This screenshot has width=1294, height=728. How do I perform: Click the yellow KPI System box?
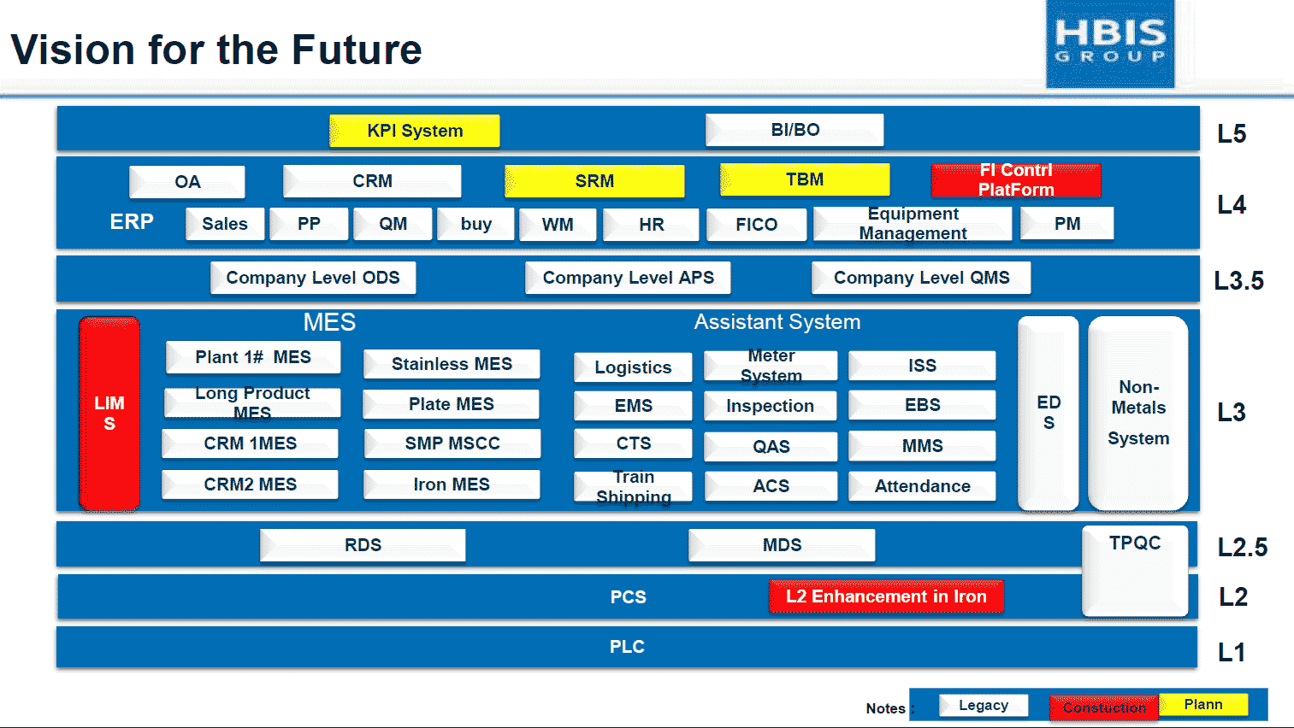click(414, 131)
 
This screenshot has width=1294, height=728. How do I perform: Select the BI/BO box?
click(795, 130)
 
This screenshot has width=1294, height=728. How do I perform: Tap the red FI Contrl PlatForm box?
click(1016, 180)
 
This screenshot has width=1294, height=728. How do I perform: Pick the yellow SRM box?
click(594, 180)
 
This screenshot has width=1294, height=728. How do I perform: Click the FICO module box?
click(756, 224)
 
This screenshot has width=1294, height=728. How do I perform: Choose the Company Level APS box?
click(628, 278)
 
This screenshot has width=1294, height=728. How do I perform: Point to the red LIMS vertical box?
click(109, 414)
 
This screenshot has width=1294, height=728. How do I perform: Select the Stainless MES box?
click(452, 364)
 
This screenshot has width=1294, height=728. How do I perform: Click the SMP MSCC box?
click(452, 443)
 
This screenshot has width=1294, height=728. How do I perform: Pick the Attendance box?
click(922, 486)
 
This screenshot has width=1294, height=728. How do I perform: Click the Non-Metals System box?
click(1138, 414)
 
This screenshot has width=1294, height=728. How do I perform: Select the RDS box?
click(363, 545)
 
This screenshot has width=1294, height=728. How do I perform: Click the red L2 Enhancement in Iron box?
click(886, 596)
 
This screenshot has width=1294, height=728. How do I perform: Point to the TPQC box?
click(1135, 571)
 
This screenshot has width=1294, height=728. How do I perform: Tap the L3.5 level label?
click(1238, 280)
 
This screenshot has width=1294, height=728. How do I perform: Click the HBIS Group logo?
click(1110, 44)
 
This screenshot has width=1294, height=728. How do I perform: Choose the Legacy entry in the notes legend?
click(984, 706)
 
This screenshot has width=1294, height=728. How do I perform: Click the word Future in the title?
click(357, 50)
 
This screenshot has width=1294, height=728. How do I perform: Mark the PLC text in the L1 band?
click(627, 647)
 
